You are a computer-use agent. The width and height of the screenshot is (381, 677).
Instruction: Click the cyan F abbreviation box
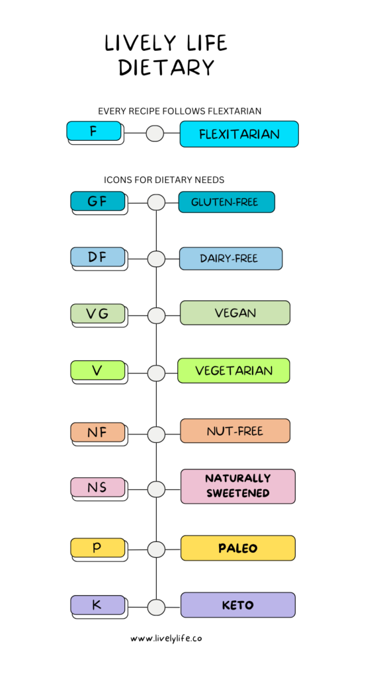click(x=94, y=131)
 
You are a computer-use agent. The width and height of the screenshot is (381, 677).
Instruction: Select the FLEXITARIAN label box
click(x=239, y=134)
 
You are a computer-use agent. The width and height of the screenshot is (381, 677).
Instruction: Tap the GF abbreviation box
click(x=98, y=201)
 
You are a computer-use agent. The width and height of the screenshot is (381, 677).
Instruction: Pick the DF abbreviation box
click(x=98, y=257)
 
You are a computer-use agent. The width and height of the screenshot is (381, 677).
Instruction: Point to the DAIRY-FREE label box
click(x=231, y=259)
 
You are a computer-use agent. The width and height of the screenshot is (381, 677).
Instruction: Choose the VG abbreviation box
click(x=98, y=313)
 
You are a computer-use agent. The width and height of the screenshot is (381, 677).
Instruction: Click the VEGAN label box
click(x=235, y=313)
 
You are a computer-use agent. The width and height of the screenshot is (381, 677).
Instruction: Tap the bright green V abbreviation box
click(x=98, y=370)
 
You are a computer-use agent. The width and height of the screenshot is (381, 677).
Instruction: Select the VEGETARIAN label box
click(x=233, y=370)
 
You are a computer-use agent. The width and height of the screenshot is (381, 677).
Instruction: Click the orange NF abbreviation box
click(x=98, y=432)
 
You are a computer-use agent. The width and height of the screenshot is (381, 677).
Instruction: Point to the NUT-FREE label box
click(x=235, y=431)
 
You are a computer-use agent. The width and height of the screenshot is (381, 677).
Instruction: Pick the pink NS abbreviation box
click(x=98, y=487)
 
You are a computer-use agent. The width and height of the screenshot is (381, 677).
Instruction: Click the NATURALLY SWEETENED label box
click(x=238, y=486)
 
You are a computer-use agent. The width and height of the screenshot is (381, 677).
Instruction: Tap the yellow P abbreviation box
click(x=98, y=548)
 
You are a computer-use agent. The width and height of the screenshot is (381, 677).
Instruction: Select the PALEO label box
click(x=238, y=548)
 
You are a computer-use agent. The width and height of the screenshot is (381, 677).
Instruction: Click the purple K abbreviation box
click(x=98, y=605)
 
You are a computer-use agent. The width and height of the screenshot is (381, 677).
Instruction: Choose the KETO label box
click(x=238, y=605)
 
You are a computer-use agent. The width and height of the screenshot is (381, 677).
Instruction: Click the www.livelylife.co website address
click(x=166, y=639)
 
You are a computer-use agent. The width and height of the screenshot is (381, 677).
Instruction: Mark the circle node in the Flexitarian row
click(x=155, y=134)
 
